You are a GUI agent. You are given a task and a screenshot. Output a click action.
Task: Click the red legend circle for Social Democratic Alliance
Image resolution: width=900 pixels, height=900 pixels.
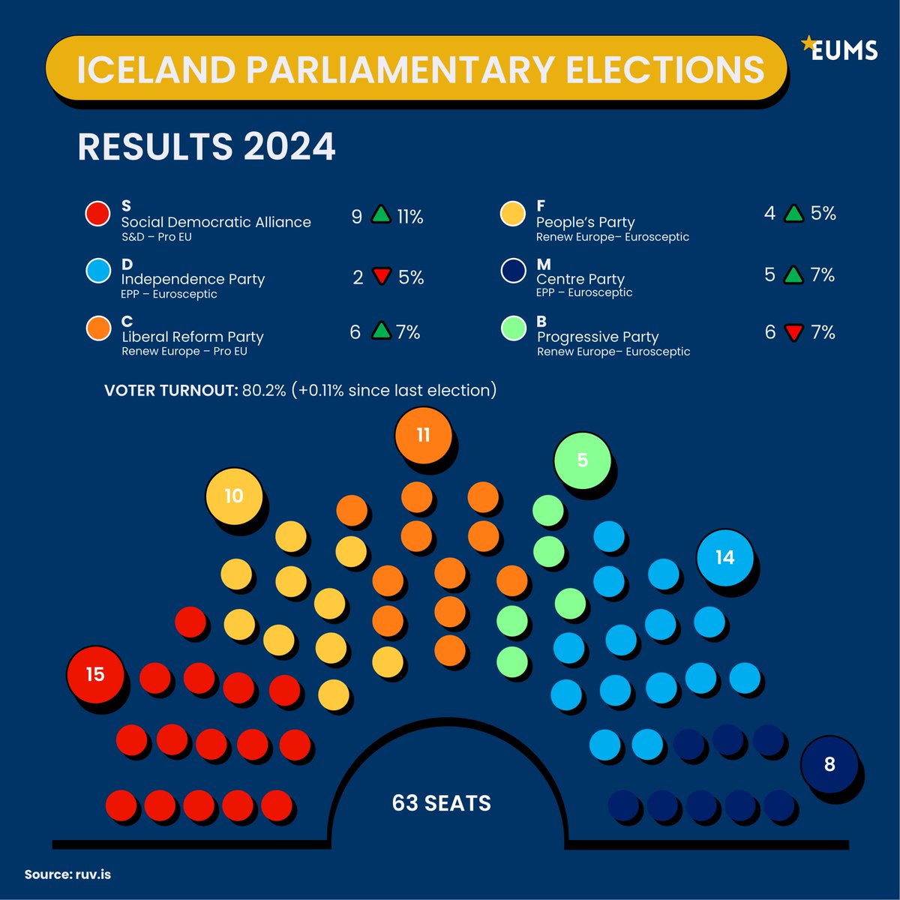98,214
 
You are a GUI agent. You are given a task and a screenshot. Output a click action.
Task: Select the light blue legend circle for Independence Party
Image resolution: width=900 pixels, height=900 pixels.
98,271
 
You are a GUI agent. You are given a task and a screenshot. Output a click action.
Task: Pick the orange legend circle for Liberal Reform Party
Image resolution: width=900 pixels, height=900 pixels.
98,328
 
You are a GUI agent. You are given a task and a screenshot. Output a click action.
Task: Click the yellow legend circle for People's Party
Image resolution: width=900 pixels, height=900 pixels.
513,213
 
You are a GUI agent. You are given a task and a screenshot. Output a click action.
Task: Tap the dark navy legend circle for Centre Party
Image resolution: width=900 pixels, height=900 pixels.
513,271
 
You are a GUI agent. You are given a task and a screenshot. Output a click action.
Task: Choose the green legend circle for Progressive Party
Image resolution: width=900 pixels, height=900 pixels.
513,328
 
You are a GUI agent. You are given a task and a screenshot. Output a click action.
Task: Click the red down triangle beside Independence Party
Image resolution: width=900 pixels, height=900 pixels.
382,277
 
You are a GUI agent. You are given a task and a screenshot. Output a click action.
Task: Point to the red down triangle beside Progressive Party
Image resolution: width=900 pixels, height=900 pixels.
793,332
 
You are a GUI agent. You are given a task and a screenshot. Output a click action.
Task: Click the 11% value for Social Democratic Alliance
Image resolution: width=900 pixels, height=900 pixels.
410,217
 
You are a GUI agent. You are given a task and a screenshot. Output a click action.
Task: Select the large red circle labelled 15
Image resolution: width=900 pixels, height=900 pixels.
95,673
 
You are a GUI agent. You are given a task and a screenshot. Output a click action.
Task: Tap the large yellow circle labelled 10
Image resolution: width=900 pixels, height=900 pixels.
234,495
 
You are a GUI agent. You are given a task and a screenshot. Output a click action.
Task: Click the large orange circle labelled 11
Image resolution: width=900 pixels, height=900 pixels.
423,435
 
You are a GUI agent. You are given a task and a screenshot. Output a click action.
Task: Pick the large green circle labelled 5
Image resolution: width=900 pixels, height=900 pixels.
583,460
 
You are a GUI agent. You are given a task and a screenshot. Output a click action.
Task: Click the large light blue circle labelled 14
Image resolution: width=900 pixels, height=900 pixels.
724,557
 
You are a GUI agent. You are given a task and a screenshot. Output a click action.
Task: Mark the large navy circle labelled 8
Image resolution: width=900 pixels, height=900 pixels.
829,764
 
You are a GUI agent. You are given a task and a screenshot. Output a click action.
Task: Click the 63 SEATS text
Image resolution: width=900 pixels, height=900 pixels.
441,803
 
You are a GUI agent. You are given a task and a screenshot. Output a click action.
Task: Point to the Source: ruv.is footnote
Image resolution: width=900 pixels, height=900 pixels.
67,874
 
